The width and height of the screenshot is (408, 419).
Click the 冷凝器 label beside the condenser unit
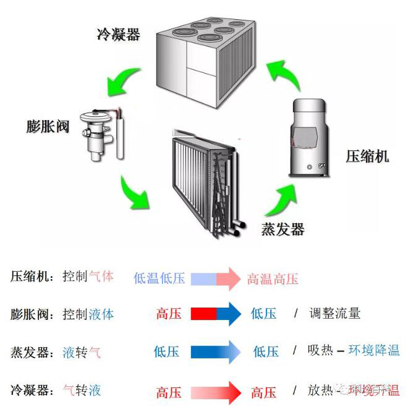[118, 33]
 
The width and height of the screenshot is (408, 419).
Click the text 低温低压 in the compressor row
[159, 278]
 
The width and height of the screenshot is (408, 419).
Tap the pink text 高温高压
[273, 279]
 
